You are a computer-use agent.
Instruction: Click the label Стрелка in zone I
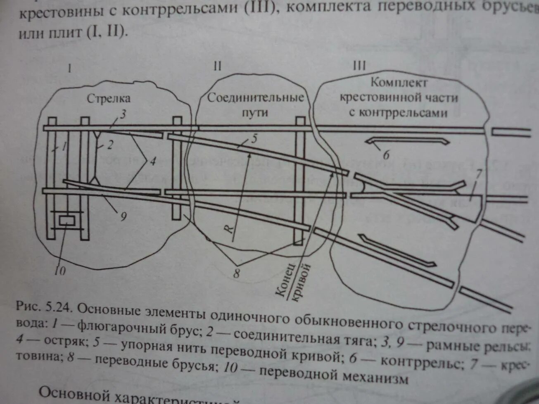109,99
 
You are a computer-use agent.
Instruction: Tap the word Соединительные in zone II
256,98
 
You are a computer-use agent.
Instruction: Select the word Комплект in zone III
399,82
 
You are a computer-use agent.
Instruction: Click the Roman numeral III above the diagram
360,66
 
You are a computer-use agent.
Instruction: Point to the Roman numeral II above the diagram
217,66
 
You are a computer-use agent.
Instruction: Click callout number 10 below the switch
60,271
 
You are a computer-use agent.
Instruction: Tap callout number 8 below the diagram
236,273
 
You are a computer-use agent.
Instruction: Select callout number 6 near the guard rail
386,155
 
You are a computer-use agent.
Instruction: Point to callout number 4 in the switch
153,162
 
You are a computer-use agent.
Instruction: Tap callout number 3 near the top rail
123,114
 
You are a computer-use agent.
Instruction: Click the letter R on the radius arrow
231,228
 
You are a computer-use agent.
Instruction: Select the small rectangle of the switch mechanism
66,221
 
